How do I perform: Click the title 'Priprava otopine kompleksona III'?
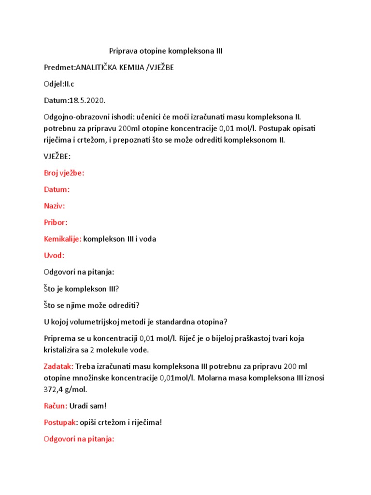coord(166,51)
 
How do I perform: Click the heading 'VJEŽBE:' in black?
coord(57,157)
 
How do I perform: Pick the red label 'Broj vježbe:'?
coord(64,173)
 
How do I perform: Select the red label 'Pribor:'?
coord(56,222)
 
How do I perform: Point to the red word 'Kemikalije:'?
coord(62,239)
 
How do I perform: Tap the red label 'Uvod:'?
coord(54,255)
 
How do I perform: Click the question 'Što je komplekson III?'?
coord(81,289)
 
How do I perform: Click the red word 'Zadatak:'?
coord(58,366)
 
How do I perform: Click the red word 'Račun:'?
coord(56,406)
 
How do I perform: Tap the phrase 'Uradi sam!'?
coord(87,406)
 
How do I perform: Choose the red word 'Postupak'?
coord(60,422)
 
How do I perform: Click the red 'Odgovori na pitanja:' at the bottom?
coord(79,439)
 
